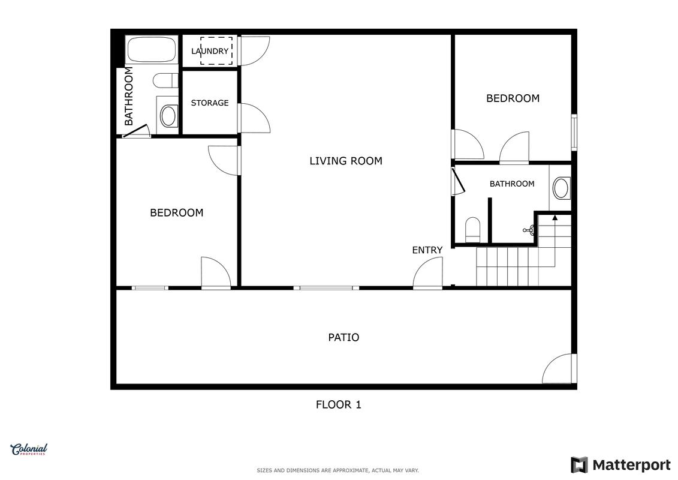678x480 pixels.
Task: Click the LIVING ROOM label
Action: (346, 161)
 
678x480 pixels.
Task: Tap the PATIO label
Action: (343, 337)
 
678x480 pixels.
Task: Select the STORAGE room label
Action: (210, 103)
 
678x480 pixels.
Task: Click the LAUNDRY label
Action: (210, 51)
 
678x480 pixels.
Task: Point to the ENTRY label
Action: (427, 250)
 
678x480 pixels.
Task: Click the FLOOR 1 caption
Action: (339, 404)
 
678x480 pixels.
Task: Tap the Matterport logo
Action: (620, 465)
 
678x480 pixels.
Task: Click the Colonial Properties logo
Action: (29, 449)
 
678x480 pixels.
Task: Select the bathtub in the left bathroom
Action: (151, 49)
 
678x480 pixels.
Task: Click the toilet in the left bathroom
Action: (165, 80)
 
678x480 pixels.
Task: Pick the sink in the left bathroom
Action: (168, 116)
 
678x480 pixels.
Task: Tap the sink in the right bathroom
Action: (561, 188)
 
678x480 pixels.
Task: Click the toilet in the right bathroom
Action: (472, 230)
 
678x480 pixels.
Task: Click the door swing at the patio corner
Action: (559, 368)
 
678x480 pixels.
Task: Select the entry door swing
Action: (427, 272)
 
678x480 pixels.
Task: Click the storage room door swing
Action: (254, 118)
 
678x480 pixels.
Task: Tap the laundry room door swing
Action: (254, 50)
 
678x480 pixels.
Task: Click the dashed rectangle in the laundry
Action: (216, 50)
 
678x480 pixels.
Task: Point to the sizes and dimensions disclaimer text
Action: (338, 470)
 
